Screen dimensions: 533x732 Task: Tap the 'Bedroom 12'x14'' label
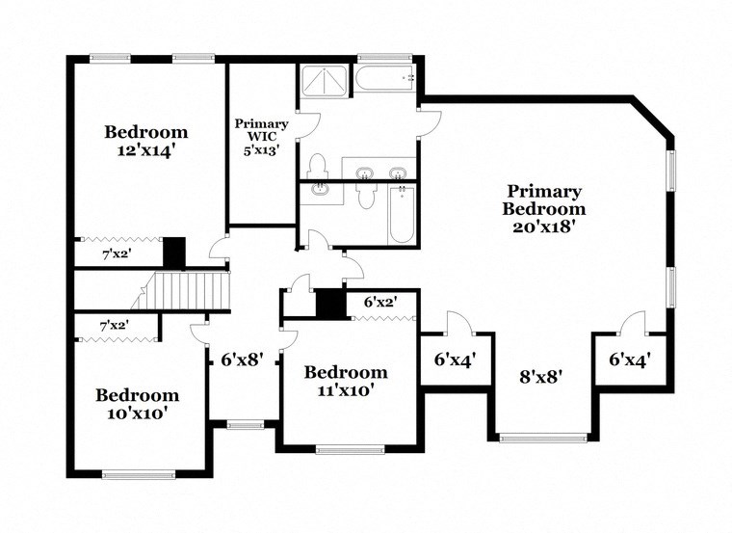click(x=146, y=141)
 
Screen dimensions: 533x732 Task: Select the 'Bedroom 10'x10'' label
click(x=137, y=404)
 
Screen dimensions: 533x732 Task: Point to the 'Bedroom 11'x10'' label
click(x=346, y=382)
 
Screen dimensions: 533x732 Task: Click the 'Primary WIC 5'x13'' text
click(x=261, y=137)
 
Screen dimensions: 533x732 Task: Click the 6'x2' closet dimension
click(x=380, y=302)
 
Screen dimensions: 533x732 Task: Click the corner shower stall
click(x=325, y=81)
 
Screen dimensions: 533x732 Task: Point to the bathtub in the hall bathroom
click(x=403, y=213)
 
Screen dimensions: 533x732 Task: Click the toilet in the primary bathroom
click(x=317, y=166)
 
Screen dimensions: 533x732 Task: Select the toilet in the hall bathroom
click(x=364, y=197)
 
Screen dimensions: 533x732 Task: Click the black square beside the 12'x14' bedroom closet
click(x=174, y=253)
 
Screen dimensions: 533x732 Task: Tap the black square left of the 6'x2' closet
click(x=329, y=303)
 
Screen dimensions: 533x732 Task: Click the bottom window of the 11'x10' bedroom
click(x=350, y=449)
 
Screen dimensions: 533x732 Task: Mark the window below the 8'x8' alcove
click(x=542, y=438)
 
